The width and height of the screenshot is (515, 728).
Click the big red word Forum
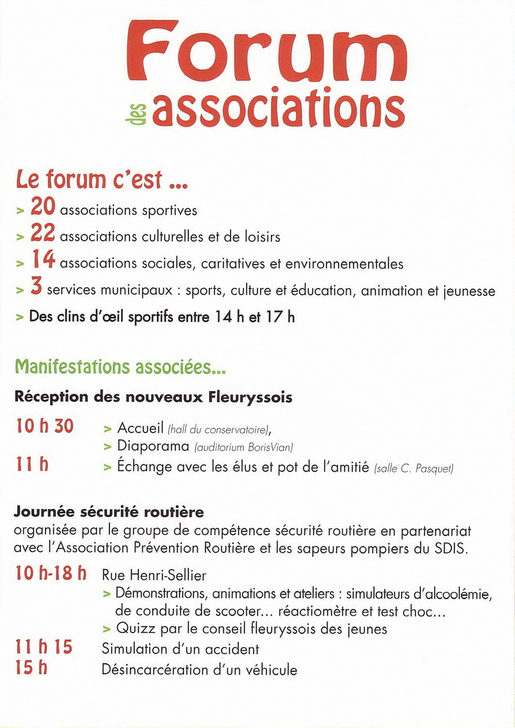266,53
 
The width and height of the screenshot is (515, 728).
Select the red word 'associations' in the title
278,108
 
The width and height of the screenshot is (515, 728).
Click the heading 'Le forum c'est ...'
101,180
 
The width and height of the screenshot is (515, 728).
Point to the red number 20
42,208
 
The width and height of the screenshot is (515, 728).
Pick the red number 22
42,235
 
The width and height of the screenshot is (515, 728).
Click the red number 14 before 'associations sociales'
42,262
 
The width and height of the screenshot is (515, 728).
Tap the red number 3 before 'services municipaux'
36,288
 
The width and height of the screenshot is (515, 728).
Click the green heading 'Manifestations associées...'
120,367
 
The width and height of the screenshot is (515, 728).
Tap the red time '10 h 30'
44,427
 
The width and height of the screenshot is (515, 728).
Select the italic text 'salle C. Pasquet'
413,468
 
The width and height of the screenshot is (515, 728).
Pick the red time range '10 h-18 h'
51,574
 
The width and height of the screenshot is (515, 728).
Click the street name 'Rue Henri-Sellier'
154,576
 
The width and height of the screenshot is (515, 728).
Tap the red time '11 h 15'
44,648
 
